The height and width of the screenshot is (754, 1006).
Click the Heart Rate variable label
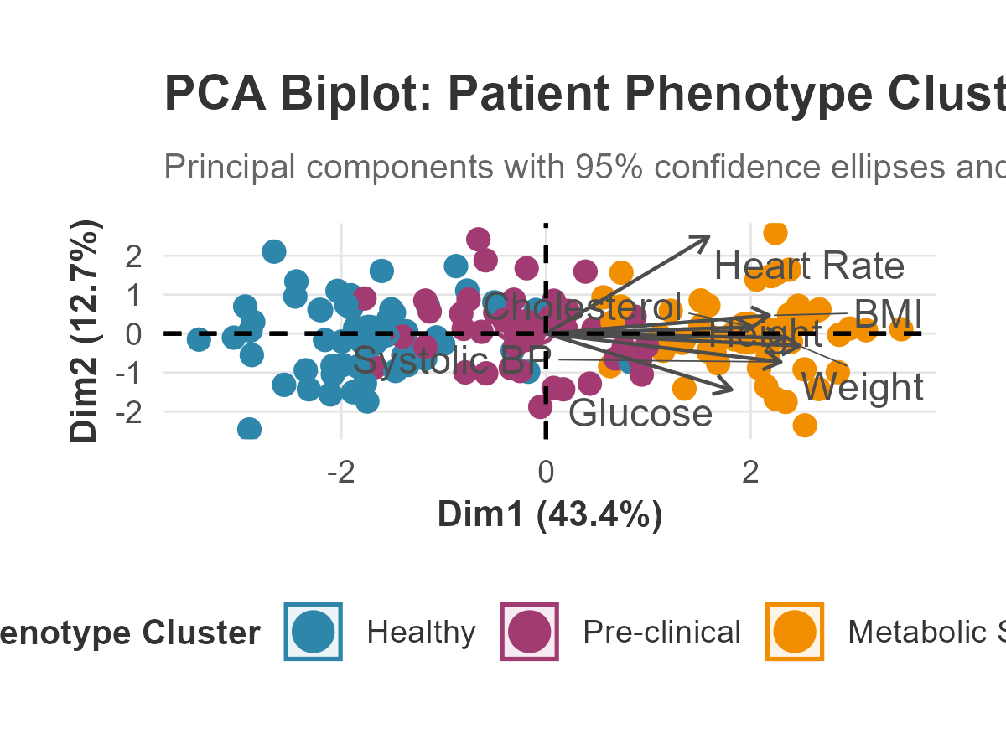point(809,266)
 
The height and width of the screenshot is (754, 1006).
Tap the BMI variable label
point(888,316)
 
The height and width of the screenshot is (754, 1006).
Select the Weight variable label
point(862,388)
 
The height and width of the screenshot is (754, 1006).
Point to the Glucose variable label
point(640,413)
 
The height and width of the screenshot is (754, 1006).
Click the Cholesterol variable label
point(583,307)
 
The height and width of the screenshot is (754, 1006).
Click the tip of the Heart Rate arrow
point(709,237)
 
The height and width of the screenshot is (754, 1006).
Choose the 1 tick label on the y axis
point(133,295)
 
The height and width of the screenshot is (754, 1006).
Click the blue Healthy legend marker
point(314,632)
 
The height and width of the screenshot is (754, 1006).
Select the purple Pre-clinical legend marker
point(529,632)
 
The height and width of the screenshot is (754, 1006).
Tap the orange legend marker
point(794,632)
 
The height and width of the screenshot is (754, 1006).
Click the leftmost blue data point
point(199,338)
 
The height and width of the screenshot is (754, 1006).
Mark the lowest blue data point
point(249,430)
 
